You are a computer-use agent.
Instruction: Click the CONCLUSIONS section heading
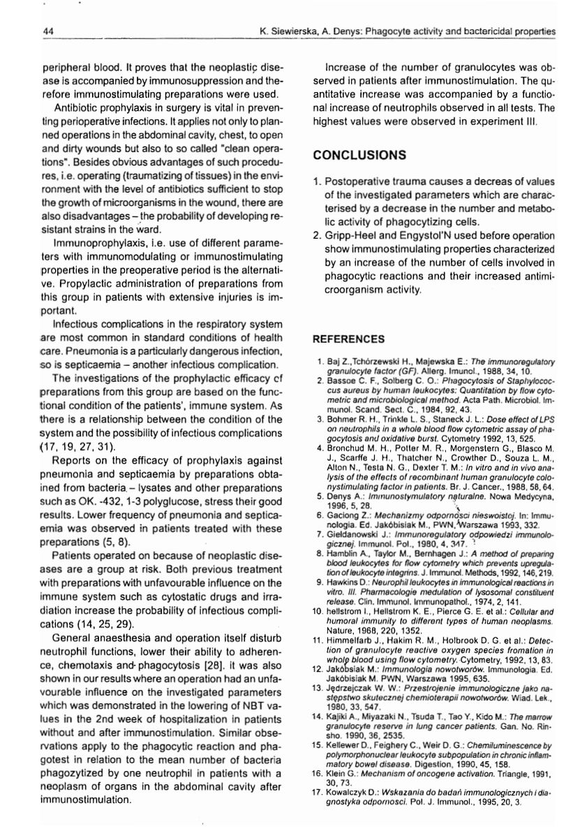point(359,154)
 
